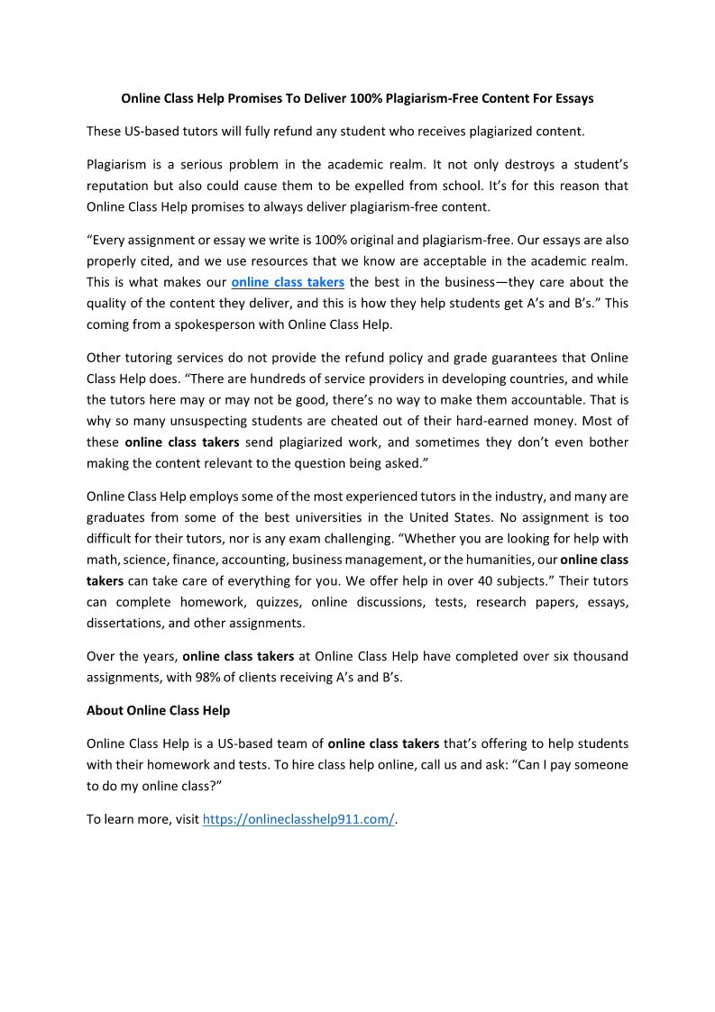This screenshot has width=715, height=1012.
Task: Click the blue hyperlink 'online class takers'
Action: (x=288, y=282)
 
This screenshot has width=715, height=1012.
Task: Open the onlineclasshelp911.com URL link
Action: (x=298, y=819)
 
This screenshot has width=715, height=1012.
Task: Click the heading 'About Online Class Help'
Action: (x=158, y=710)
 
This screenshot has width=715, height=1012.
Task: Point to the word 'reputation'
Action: (x=123, y=186)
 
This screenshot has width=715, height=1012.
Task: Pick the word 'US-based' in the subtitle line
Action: (x=150, y=131)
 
